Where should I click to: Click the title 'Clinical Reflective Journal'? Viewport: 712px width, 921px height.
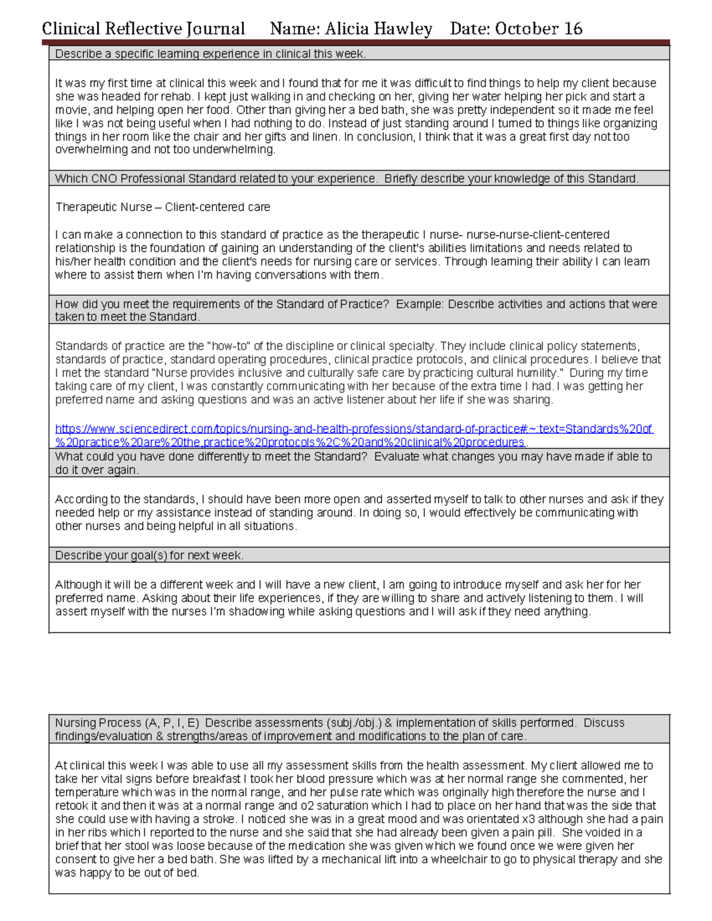(x=143, y=28)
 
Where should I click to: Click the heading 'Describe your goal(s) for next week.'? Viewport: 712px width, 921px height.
(x=149, y=556)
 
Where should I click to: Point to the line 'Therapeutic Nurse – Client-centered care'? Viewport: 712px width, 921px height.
(x=163, y=207)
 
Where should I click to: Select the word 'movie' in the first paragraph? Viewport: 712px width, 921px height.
(x=71, y=110)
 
